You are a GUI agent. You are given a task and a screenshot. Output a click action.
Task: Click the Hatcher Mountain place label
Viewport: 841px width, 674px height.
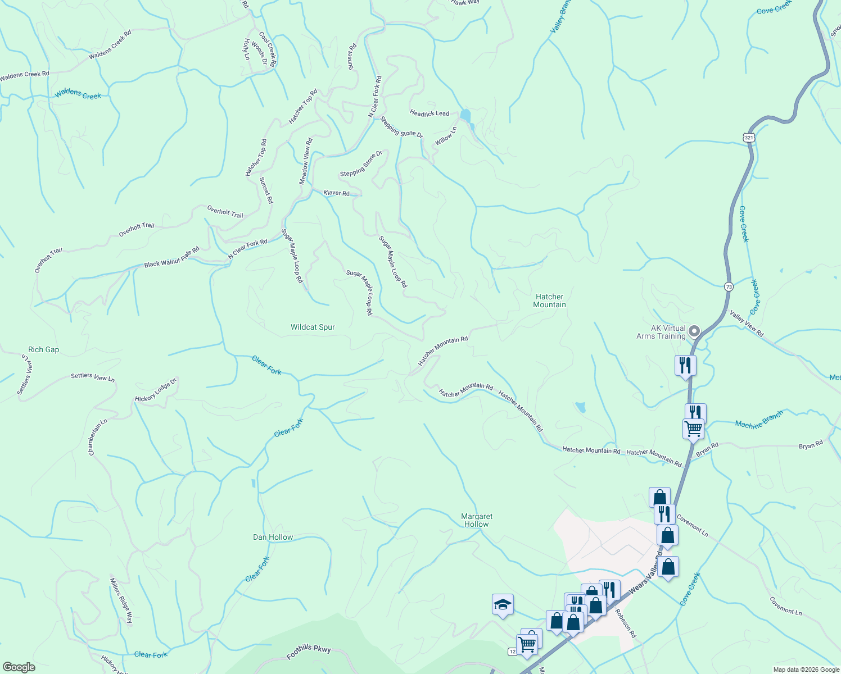point(549,300)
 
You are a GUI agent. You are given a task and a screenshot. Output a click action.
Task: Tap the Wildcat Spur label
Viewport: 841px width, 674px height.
point(313,327)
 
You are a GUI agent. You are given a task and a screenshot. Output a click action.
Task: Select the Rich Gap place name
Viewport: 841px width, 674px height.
point(43,349)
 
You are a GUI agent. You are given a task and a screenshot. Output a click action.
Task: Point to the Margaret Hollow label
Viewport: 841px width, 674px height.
point(476,520)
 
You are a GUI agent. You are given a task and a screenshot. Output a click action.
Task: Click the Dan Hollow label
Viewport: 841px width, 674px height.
point(273,537)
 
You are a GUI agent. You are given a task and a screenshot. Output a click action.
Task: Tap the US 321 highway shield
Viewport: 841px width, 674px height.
point(748,137)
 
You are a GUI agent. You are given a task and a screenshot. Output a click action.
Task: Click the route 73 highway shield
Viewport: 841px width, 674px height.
point(729,286)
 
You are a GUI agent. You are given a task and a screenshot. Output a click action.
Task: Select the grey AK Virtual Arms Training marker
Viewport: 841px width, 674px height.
point(694,331)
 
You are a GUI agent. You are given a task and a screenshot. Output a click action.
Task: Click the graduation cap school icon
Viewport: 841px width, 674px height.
point(503,604)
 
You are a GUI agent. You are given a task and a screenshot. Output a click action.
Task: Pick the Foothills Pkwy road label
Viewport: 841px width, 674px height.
point(309,652)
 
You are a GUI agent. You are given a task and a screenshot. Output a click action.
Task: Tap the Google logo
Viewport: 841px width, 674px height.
point(19,667)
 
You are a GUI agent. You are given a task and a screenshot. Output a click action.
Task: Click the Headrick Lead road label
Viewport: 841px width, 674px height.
point(429,113)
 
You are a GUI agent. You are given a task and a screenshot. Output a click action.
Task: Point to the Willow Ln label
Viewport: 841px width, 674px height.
point(446,136)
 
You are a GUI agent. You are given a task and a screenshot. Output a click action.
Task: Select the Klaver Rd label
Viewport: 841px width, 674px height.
point(336,193)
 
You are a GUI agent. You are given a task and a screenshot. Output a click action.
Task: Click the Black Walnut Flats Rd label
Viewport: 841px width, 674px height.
point(171,257)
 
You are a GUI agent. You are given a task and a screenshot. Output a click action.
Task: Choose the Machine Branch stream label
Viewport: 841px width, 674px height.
point(759,420)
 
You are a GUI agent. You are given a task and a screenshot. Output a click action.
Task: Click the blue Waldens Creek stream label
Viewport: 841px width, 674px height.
point(78,94)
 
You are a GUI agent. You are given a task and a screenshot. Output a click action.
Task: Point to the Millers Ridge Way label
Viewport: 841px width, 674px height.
point(121,601)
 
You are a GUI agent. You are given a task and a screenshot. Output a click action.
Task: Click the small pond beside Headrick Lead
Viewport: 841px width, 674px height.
point(465,115)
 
